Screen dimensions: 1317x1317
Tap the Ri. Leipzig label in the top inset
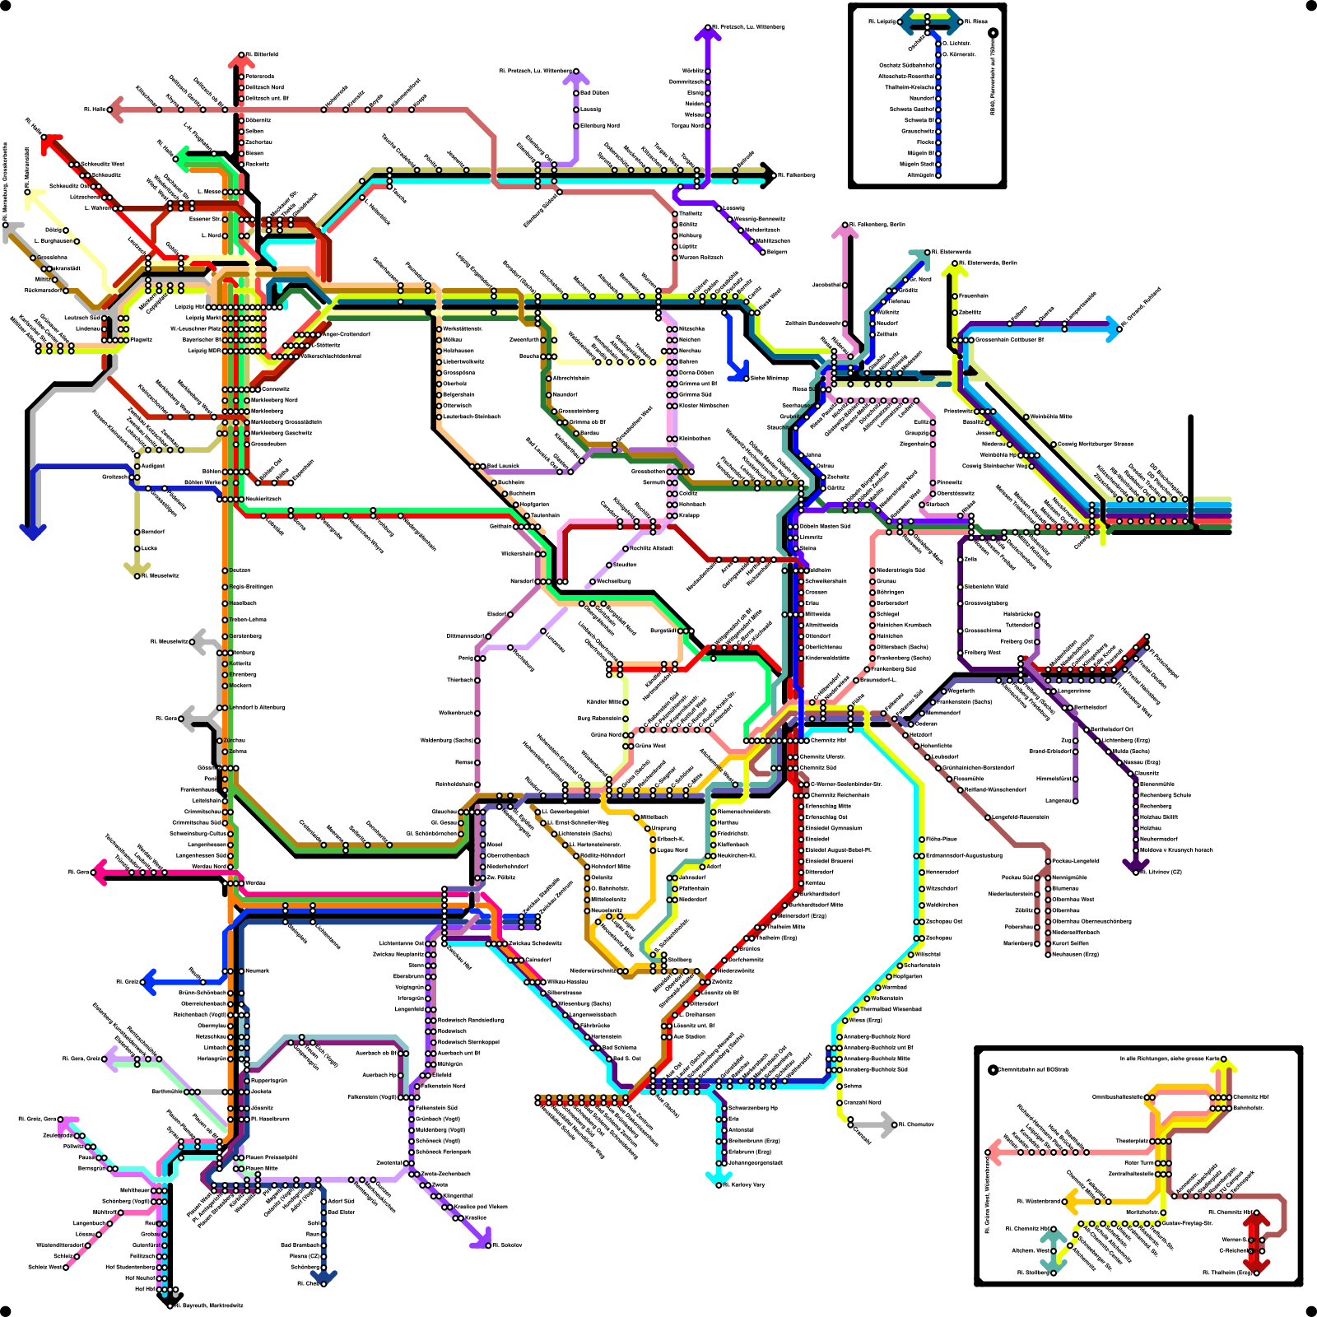882,21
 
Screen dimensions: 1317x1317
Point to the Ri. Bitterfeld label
262,54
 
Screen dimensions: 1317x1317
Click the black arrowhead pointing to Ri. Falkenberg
769,175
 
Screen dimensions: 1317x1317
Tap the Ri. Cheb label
308,1283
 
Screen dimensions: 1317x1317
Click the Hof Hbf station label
145,1289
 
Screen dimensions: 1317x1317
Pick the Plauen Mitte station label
261,1168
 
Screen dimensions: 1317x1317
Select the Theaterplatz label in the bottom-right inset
1132,1141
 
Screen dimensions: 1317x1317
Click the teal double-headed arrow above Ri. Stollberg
1052,1252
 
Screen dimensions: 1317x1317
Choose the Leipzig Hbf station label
191,307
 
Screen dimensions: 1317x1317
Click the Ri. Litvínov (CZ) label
1161,872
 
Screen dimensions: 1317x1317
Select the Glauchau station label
444,812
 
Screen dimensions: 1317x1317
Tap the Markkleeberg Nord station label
274,400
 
